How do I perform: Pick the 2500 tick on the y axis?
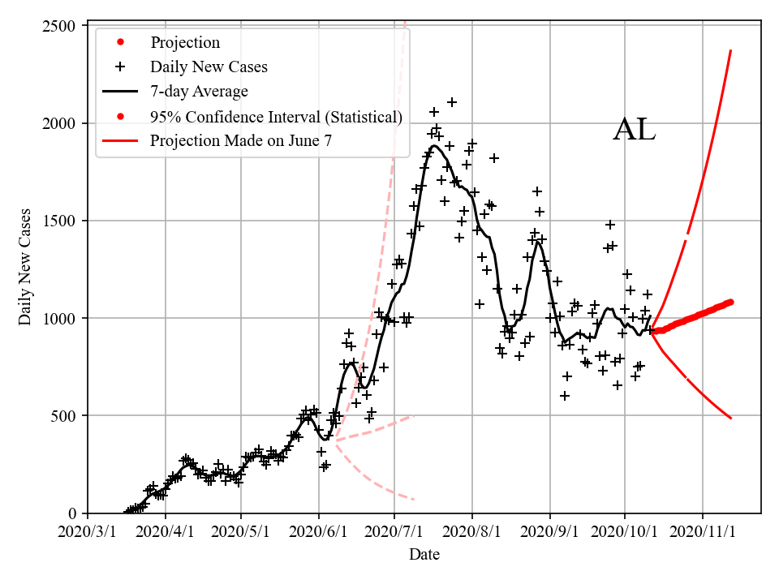click(x=60, y=26)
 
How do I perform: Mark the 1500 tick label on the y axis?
click(x=60, y=221)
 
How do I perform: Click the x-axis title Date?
click(x=424, y=555)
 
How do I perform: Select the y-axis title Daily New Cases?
click(x=25, y=267)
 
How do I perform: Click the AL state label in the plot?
click(x=634, y=130)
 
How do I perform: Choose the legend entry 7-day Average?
click(x=199, y=91)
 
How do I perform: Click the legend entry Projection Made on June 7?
click(x=241, y=141)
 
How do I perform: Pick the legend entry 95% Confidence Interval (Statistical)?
click(x=276, y=117)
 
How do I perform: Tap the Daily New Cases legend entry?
click(x=209, y=67)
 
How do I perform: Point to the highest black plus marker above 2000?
click(x=452, y=102)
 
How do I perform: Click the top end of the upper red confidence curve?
click(x=731, y=50)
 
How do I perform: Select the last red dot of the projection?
click(x=730, y=302)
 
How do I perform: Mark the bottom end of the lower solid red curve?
click(x=731, y=418)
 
